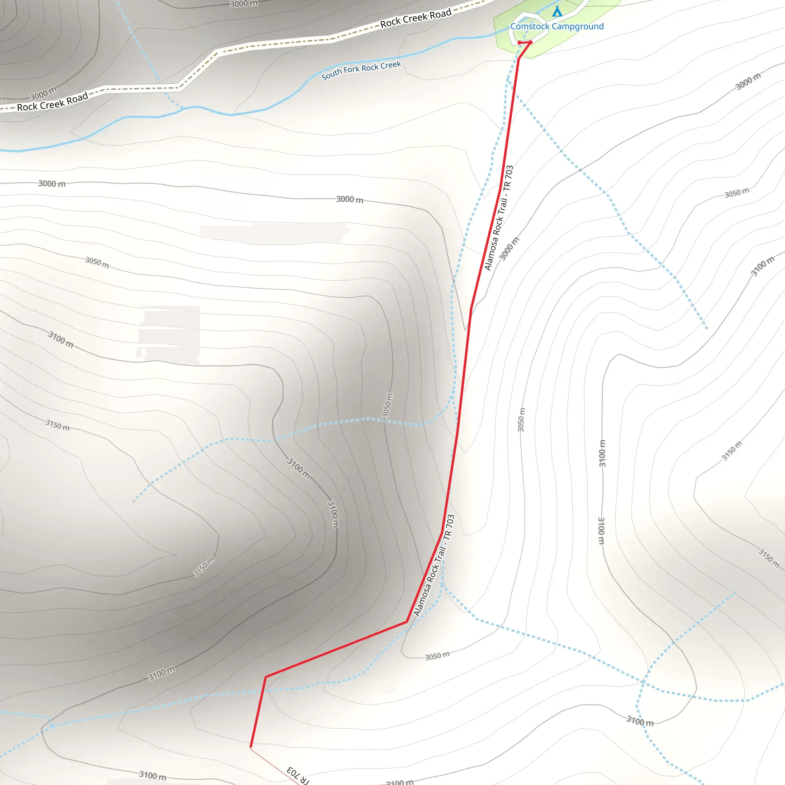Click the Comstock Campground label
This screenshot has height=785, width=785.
pyautogui.click(x=557, y=26)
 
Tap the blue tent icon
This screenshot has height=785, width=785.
pyautogui.click(x=557, y=11)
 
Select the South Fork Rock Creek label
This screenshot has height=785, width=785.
pyautogui.click(x=361, y=70)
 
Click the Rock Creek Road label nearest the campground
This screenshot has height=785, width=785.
pyautogui.click(x=415, y=18)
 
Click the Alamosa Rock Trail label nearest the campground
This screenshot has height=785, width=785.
pyautogui.click(x=499, y=218)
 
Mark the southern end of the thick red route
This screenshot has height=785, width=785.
pyautogui.click(x=251, y=746)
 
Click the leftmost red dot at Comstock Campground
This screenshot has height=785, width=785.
pyautogui.click(x=519, y=43)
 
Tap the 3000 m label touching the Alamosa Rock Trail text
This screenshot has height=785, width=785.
pyautogui.click(x=509, y=249)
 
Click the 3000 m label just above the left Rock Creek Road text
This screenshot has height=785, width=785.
pyautogui.click(x=43, y=94)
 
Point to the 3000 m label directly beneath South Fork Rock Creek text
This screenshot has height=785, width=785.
pyautogui.click(x=350, y=199)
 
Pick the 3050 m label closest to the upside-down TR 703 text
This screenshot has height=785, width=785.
pyautogui.click(x=437, y=656)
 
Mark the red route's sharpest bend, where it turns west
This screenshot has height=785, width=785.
pyautogui.click(x=407, y=622)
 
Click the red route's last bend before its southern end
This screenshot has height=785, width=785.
pyautogui.click(x=265, y=677)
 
